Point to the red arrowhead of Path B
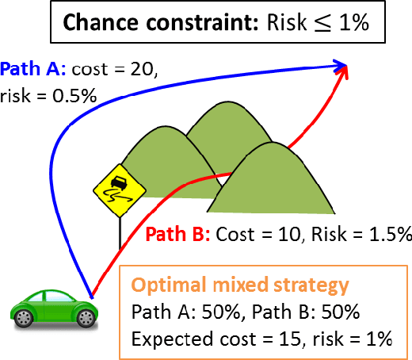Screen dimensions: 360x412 tap(345, 73)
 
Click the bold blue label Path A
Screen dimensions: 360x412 tap(34, 69)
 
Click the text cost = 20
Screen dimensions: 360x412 tap(115, 69)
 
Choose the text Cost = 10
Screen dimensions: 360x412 tap(251, 236)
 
